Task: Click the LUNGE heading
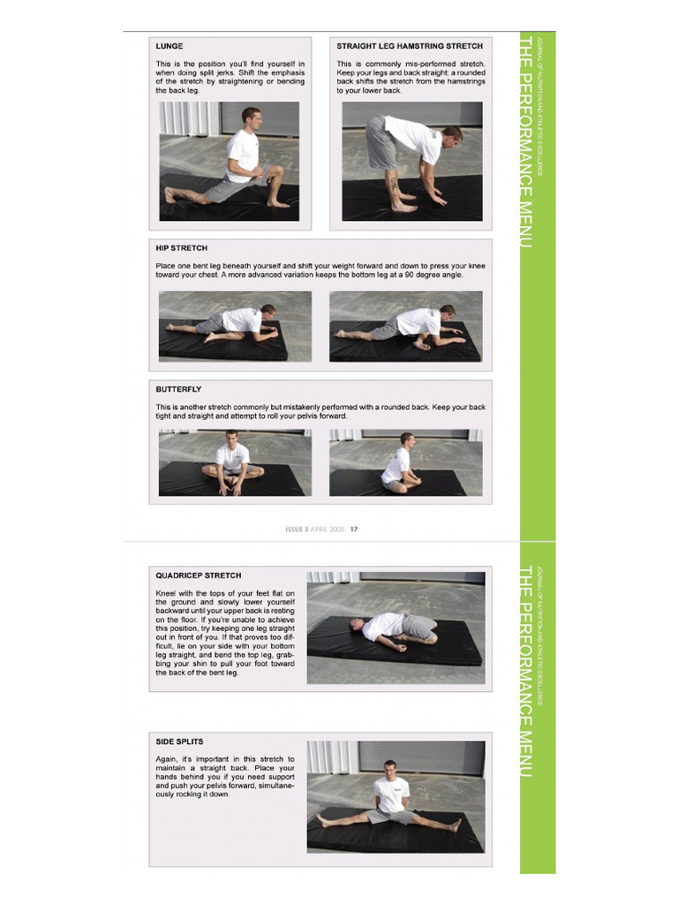click(169, 46)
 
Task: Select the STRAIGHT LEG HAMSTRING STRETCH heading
click(410, 46)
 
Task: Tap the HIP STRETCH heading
click(182, 248)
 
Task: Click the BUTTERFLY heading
click(178, 390)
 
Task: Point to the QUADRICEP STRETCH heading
click(199, 575)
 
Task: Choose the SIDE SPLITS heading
click(179, 741)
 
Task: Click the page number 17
click(354, 529)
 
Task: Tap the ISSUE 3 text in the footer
click(297, 529)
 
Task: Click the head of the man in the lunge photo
click(252, 118)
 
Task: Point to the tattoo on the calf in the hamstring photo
click(394, 185)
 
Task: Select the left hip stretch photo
click(235, 327)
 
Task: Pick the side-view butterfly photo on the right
click(406, 463)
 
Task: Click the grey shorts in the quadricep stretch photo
click(415, 627)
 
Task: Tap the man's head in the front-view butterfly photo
click(232, 438)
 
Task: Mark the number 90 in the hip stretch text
click(422, 275)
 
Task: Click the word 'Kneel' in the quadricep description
click(166, 593)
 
